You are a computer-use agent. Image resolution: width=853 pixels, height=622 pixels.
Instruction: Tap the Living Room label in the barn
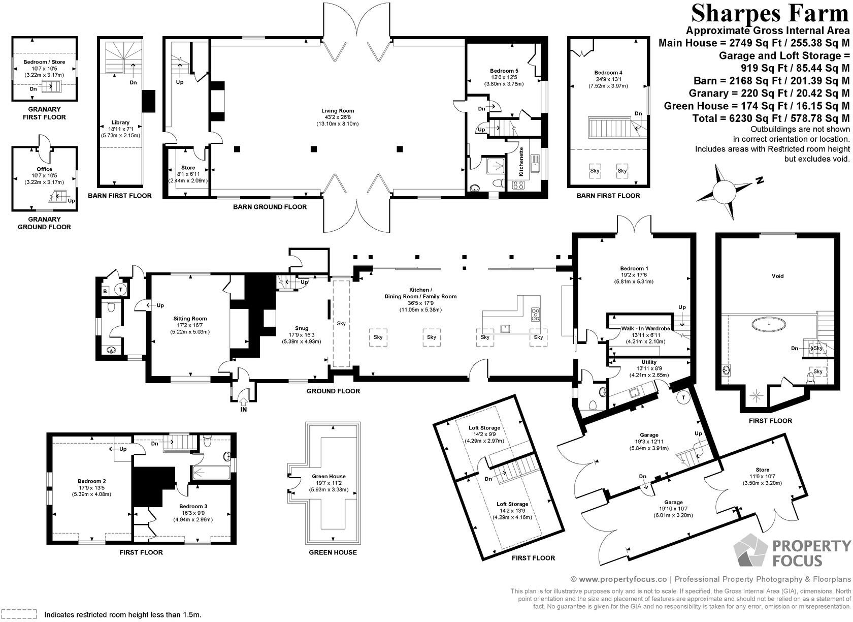337,111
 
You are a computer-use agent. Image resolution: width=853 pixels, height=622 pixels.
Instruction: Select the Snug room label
301,328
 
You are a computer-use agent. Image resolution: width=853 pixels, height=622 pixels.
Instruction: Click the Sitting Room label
192,319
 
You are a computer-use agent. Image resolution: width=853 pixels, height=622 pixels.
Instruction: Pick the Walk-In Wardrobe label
645,329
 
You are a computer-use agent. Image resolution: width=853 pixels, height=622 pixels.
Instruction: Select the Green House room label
330,477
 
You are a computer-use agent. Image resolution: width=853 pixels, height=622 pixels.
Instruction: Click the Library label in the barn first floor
120,122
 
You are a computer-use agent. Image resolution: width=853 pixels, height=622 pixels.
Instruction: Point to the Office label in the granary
44,169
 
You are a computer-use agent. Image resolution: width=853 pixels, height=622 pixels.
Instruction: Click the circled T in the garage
683,397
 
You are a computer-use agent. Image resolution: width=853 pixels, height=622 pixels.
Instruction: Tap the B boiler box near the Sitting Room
105,291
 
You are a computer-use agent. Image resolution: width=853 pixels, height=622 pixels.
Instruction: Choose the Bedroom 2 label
91,481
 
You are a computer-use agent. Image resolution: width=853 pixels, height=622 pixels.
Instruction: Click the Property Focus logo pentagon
750,551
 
